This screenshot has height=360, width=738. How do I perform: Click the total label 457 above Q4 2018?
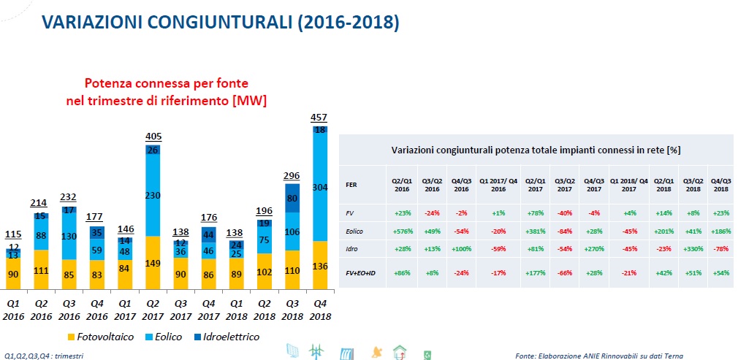319,117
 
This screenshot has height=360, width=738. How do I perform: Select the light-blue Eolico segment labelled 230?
153,196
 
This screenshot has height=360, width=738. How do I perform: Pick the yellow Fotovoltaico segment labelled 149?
153,263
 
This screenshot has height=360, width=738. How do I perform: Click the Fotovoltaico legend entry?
101,337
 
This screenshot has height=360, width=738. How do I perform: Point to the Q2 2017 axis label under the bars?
153,310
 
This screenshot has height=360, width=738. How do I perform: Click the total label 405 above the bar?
153,137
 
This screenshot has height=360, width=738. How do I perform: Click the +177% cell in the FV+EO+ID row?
535,272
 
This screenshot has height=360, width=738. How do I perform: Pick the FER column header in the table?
351,185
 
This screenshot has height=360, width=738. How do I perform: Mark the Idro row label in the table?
351,248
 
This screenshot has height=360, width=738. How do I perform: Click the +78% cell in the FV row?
535,212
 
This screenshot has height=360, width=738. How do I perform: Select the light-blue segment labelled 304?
319,188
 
